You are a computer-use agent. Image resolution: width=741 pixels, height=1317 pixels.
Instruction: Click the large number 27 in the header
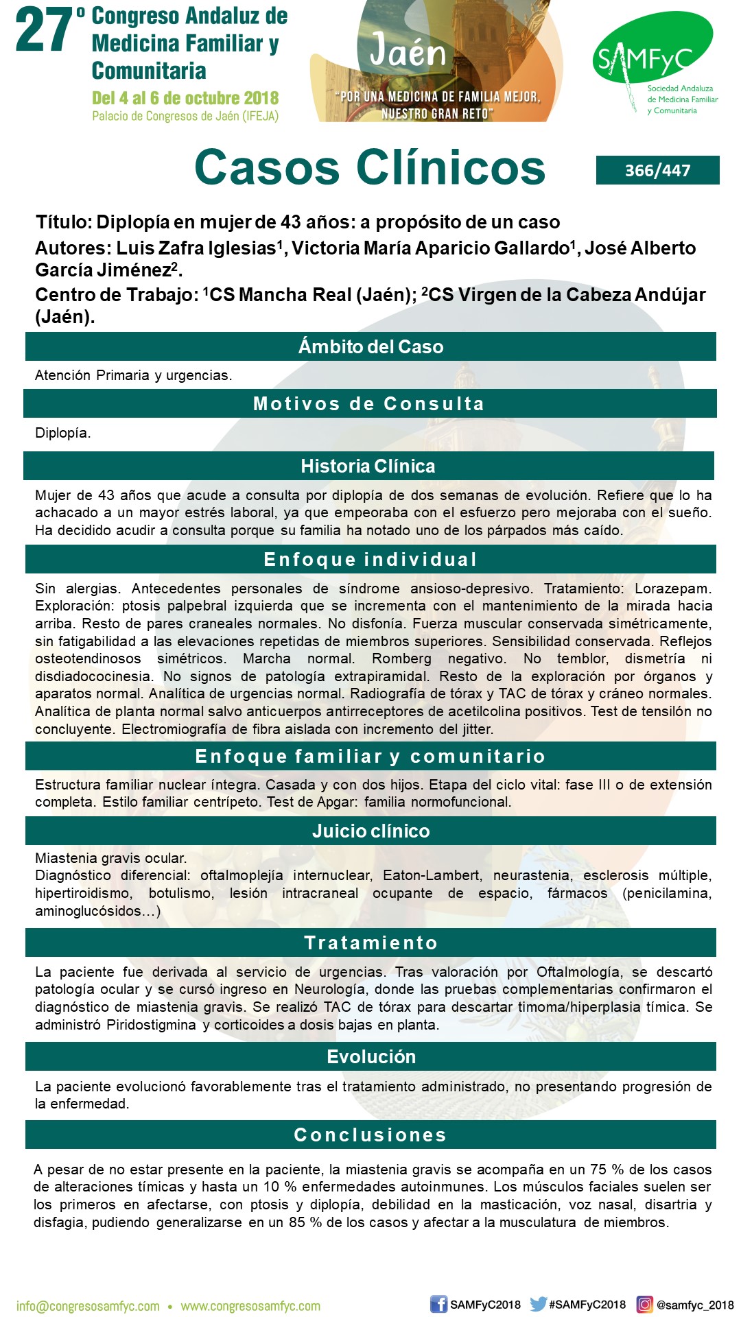click(45, 31)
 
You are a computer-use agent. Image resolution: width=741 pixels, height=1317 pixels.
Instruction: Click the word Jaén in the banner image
click(408, 51)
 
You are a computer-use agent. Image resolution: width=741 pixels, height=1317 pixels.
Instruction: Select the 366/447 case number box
click(657, 170)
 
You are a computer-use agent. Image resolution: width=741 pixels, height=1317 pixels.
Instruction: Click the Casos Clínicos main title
click(370, 167)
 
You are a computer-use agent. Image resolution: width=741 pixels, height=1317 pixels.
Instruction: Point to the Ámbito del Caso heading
click(370, 346)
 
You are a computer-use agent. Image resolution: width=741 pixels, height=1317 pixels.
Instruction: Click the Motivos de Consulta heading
click(369, 403)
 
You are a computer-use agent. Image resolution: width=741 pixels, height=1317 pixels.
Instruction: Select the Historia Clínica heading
click(368, 466)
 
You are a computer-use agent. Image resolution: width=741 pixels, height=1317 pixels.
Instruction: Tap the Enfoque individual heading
click(370, 559)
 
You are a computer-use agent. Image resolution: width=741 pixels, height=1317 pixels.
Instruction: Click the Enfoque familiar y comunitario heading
click(370, 756)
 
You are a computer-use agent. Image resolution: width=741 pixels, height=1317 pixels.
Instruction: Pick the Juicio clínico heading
click(370, 831)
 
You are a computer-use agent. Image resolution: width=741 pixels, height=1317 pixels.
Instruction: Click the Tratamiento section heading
click(370, 942)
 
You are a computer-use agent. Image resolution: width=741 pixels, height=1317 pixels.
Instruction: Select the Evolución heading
click(370, 1056)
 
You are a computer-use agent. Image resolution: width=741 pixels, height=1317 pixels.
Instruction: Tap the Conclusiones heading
click(370, 1135)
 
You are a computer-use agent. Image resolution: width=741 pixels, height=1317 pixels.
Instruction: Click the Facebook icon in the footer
click(438, 1304)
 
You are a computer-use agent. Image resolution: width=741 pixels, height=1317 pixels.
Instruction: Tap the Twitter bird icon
click(538, 1304)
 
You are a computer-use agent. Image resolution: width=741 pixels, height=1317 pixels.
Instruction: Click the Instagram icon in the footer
click(644, 1304)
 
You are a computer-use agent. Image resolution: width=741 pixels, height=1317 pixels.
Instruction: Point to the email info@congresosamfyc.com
click(88, 1306)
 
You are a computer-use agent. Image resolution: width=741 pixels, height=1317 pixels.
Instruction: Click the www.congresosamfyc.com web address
click(250, 1306)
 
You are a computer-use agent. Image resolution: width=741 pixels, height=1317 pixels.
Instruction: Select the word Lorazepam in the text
click(672, 589)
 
